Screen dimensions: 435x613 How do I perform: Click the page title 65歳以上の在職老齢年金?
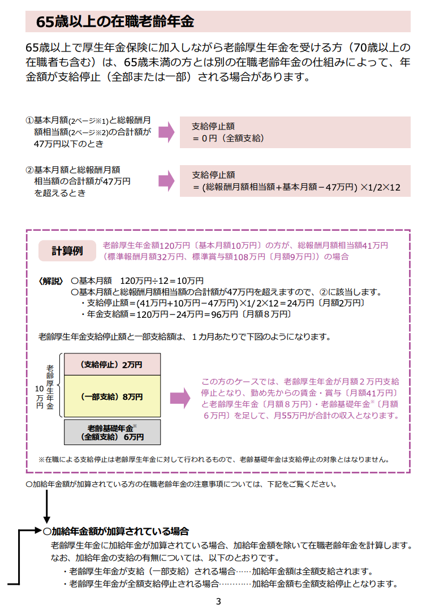pos(115,21)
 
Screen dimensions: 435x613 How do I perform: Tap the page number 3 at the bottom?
pos(218,601)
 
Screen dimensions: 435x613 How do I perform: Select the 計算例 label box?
pos(67,251)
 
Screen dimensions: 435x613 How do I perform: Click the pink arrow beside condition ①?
pos(166,132)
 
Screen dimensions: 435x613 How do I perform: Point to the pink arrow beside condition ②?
pos(166,181)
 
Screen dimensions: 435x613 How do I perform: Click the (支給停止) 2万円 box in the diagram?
pos(112,364)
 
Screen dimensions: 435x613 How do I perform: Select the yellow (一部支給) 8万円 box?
pos(112,396)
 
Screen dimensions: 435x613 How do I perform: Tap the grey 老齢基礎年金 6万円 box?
pos(112,433)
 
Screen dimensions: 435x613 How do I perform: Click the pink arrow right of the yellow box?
pos(180,398)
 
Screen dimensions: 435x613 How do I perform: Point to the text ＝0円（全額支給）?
pos(228,139)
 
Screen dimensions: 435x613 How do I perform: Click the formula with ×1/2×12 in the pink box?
pos(296,187)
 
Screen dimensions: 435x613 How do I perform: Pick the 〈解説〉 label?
pos(51,281)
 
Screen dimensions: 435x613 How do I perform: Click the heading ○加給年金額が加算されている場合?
pos(116,532)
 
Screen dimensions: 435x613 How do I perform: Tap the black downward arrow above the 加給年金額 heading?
pos(46,507)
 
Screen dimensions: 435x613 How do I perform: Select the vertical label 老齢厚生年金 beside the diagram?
pos(50,387)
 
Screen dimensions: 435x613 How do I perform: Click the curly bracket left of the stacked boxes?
pos(59,386)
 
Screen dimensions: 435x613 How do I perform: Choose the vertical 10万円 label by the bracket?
pos(40,397)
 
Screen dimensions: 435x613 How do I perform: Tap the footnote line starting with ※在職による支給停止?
pos(214,460)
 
